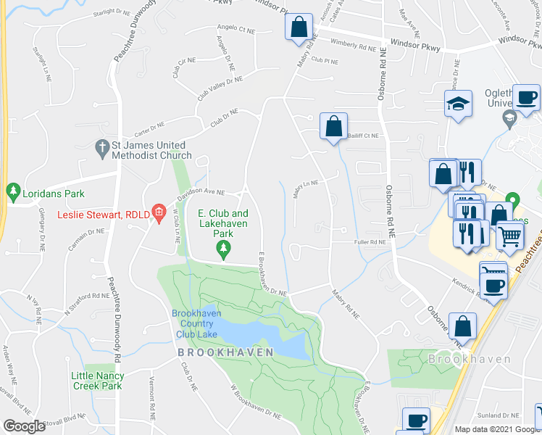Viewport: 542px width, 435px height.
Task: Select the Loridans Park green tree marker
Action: click(x=12, y=193)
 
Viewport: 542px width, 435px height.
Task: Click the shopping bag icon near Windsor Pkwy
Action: click(x=299, y=28)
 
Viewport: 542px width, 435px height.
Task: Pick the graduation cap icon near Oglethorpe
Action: click(x=459, y=104)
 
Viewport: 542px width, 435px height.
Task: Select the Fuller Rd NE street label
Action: click(x=370, y=242)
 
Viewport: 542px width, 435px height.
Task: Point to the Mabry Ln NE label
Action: click(x=306, y=188)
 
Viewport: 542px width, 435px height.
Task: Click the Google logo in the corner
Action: click(x=24, y=426)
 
